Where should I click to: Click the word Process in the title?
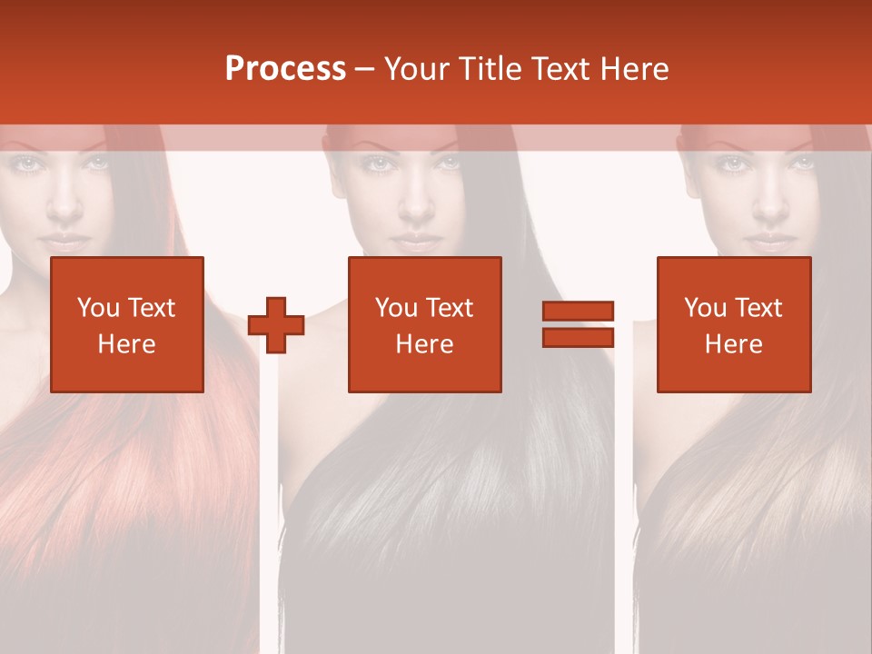click(x=285, y=69)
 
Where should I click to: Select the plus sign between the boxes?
click(x=276, y=325)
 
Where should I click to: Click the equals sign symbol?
click(x=579, y=325)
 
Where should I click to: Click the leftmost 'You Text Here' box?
click(x=127, y=325)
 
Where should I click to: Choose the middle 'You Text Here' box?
click(x=425, y=325)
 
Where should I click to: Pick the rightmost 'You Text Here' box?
click(x=734, y=325)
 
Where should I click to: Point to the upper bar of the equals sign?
click(x=579, y=312)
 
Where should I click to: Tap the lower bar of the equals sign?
click(x=579, y=338)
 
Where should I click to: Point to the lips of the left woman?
click(x=64, y=243)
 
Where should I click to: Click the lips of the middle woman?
click(x=417, y=243)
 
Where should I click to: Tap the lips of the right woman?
click(x=769, y=243)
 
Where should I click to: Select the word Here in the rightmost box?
click(x=734, y=344)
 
